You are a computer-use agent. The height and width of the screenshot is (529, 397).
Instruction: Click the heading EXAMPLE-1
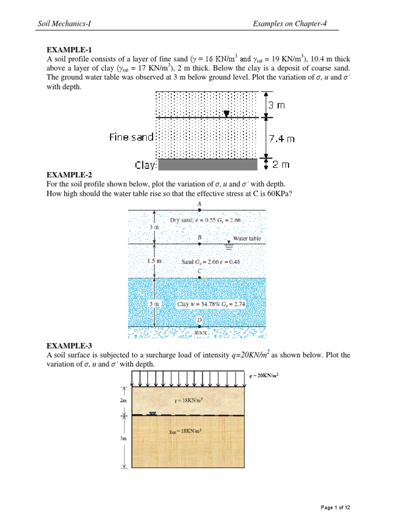[x=69, y=50]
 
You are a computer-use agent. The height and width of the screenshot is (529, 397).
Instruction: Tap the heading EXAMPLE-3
[x=69, y=346]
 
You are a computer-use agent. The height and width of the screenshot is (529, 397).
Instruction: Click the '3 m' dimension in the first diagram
[x=278, y=105]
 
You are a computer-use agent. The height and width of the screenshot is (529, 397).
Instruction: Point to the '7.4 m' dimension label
[x=282, y=138]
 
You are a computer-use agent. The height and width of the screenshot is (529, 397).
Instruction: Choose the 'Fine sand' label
[x=131, y=137]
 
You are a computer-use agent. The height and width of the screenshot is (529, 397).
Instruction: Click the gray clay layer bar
[x=207, y=165]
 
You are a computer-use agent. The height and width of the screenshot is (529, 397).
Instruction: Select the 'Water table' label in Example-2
[x=247, y=239]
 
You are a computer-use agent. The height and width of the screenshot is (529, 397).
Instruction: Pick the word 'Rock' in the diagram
[x=201, y=333]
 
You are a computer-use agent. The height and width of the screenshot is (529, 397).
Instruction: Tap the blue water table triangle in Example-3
[x=152, y=413]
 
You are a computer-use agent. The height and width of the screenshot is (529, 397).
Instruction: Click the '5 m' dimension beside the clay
[x=154, y=304]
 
